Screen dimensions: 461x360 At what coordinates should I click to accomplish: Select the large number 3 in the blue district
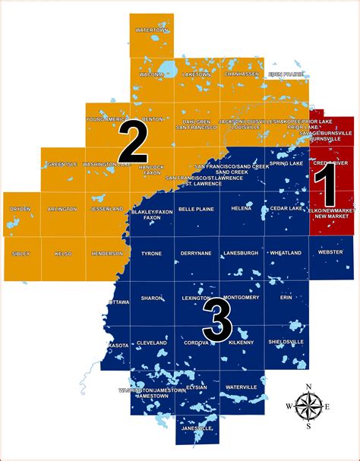click(218, 321)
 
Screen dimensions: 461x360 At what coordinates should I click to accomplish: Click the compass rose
click(308, 407)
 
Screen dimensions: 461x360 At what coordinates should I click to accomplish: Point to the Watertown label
click(150, 30)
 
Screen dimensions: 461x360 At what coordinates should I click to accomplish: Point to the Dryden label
click(20, 208)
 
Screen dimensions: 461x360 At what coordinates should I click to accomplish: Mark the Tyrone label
click(151, 253)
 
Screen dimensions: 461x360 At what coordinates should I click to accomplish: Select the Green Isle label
click(61, 164)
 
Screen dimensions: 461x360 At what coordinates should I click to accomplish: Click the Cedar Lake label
click(286, 207)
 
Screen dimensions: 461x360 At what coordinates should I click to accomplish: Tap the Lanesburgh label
click(242, 253)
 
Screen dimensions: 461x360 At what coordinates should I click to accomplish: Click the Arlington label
click(62, 208)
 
